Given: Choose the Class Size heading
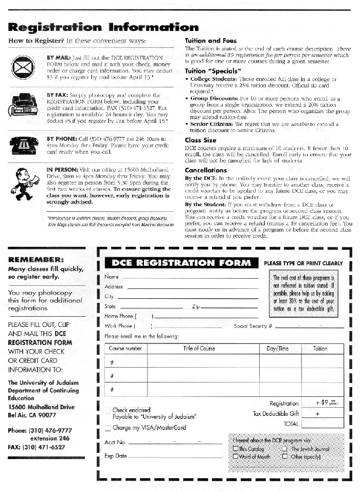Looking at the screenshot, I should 201,140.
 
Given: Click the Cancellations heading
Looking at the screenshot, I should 206,170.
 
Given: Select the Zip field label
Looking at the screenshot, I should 195,306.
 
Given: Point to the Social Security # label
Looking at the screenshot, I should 253,326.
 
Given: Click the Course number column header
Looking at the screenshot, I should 125,349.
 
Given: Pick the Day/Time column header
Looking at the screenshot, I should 278,349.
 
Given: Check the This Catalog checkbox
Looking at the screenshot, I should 236,449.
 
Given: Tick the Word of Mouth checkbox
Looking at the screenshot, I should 236,457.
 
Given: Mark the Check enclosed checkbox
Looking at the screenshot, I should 108,410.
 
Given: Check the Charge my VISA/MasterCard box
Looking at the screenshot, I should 108,428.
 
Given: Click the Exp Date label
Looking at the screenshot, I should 116,456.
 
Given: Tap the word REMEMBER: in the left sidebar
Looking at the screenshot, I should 36,260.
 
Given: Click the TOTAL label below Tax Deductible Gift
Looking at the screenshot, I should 291,424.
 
